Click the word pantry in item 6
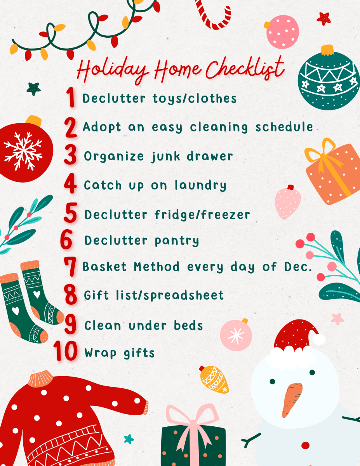[177, 241]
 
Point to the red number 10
[66, 351]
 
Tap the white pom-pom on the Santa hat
[319, 339]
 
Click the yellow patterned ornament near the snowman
[214, 379]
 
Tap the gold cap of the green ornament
[328, 50]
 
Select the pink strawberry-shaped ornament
[288, 202]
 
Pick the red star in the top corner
[323, 18]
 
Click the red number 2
[71, 128]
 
